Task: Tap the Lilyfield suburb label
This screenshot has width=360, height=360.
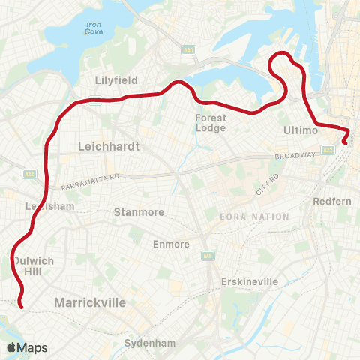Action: [112, 79]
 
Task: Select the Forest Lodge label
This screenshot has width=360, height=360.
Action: [211, 123]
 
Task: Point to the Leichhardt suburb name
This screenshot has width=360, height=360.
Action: [109, 148]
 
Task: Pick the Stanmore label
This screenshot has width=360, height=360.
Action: [138, 212]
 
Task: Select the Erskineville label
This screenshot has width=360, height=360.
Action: [250, 281]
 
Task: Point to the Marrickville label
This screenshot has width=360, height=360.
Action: [89, 302]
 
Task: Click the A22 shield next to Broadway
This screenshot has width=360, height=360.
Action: [328, 151]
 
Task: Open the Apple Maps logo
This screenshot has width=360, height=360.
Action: [27, 347]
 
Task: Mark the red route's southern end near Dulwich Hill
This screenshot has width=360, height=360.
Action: [21, 306]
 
